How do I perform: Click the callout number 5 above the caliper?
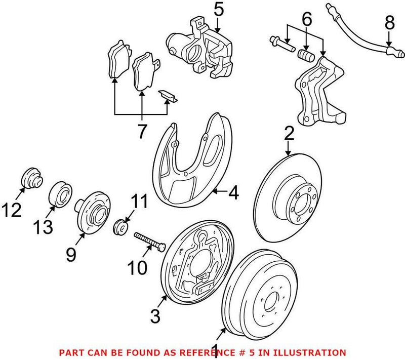click(x=218, y=10)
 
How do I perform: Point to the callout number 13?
click(x=44, y=228)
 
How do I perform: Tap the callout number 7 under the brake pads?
click(x=141, y=132)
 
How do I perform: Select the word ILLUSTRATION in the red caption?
click(x=313, y=352)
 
